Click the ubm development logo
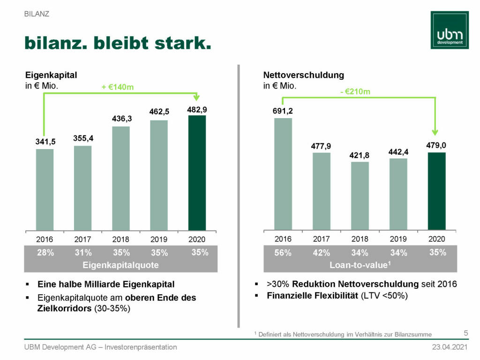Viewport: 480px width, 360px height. coord(450,30)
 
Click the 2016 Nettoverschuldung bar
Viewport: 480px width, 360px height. coord(283,174)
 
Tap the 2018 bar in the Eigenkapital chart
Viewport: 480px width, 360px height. coord(120,178)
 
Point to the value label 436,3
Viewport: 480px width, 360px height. coord(121,119)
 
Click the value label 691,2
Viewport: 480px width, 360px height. coord(283,111)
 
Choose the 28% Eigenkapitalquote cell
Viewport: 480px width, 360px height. coord(45,253)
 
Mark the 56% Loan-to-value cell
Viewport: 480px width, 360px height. coord(283,253)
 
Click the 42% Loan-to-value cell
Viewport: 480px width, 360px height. coord(322,253)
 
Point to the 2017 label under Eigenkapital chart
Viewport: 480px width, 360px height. coord(82,240)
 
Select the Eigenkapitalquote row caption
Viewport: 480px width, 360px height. coord(120,265)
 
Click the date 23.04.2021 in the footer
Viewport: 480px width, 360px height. coord(450,347)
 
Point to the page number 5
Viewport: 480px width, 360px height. coord(465,333)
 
